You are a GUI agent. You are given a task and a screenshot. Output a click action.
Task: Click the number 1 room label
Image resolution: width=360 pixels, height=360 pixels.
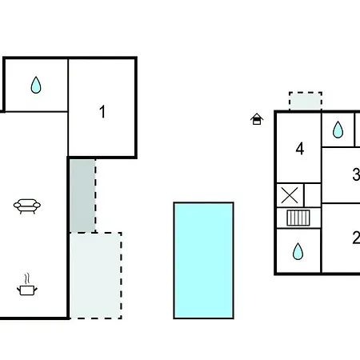click(x=102, y=112)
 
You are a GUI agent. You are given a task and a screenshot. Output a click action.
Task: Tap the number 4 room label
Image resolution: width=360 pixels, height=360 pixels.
click(x=300, y=149)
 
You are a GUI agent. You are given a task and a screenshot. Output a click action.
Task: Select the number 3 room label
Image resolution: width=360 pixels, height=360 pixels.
click(x=356, y=174)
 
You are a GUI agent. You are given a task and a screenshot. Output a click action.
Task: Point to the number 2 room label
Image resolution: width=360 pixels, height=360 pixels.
click(x=356, y=238)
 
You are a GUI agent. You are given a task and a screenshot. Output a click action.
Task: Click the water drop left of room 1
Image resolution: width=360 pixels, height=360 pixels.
click(x=36, y=85)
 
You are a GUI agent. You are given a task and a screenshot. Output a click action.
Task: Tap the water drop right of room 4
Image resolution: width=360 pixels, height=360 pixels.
click(x=338, y=130)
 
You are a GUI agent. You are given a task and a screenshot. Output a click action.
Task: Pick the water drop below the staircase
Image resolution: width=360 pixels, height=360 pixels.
click(x=298, y=251)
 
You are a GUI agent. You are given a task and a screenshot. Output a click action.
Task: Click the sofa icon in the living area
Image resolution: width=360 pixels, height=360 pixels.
click(x=27, y=206)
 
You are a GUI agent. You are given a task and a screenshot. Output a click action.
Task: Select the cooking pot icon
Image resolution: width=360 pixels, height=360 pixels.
click(x=27, y=290)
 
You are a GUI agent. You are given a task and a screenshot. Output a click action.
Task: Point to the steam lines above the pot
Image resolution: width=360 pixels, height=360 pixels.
click(x=26, y=279)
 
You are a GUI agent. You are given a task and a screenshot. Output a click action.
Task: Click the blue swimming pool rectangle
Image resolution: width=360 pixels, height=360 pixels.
click(x=203, y=261)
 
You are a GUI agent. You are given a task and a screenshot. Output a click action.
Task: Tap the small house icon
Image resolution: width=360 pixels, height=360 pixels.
click(x=257, y=119)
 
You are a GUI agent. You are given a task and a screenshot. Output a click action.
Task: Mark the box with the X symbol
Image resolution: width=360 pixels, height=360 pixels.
click(x=290, y=195)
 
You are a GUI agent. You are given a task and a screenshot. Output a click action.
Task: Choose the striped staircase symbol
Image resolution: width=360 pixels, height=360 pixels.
click(x=298, y=218)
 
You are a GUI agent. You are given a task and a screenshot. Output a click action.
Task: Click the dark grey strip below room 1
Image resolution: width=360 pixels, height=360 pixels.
click(x=82, y=196)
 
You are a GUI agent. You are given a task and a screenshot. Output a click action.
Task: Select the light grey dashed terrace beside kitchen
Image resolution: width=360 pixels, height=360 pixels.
click(x=95, y=275)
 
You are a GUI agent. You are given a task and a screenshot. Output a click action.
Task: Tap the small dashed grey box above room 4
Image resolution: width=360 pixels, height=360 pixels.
click(x=306, y=101)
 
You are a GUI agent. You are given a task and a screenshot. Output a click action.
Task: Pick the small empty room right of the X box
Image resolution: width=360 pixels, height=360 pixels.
click(x=312, y=195)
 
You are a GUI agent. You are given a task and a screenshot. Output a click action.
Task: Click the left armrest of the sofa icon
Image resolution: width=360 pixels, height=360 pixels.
click(x=17, y=205)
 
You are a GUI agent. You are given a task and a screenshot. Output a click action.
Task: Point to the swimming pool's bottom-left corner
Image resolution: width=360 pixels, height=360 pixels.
click(x=174, y=318)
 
